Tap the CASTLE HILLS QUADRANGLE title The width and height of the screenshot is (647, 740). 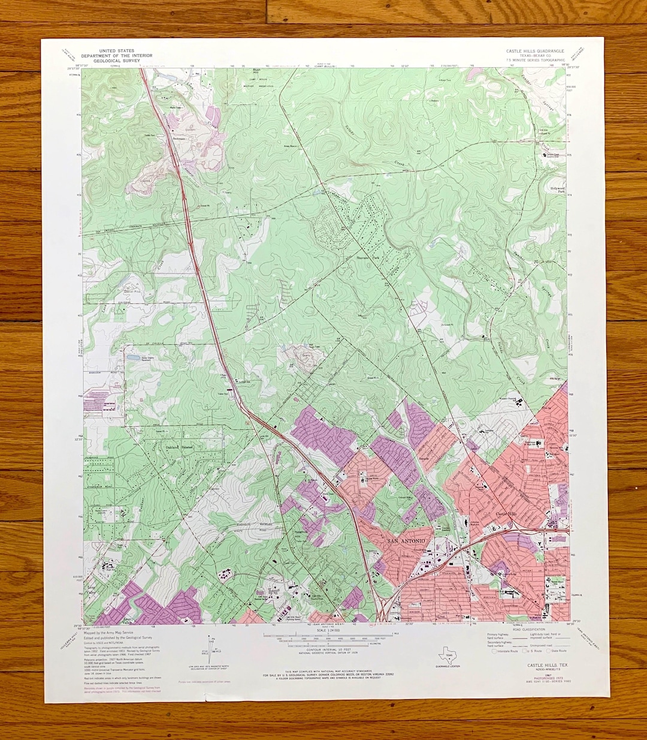point(534,52)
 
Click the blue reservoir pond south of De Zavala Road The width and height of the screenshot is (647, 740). point(131,357)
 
